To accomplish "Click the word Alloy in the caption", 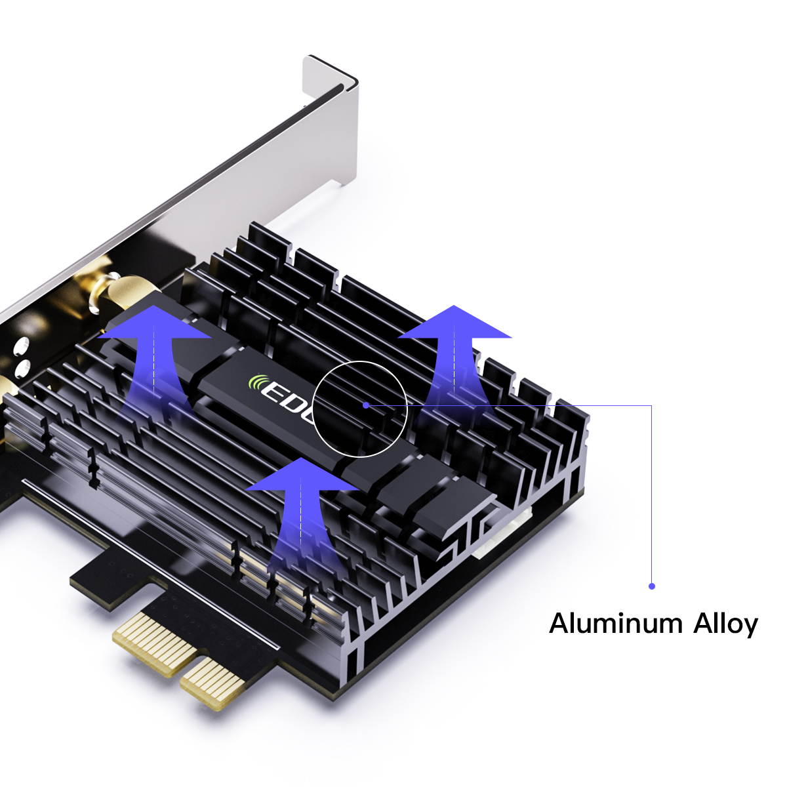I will (x=725, y=624).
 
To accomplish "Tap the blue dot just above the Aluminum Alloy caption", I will (x=651, y=586).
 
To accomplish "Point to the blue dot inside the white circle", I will (x=366, y=405).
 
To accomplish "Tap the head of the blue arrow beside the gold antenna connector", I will (x=155, y=324).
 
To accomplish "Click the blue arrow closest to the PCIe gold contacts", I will (x=302, y=498).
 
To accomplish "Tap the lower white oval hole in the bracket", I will (x=22, y=367).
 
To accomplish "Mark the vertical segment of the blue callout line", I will (x=651, y=492).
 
